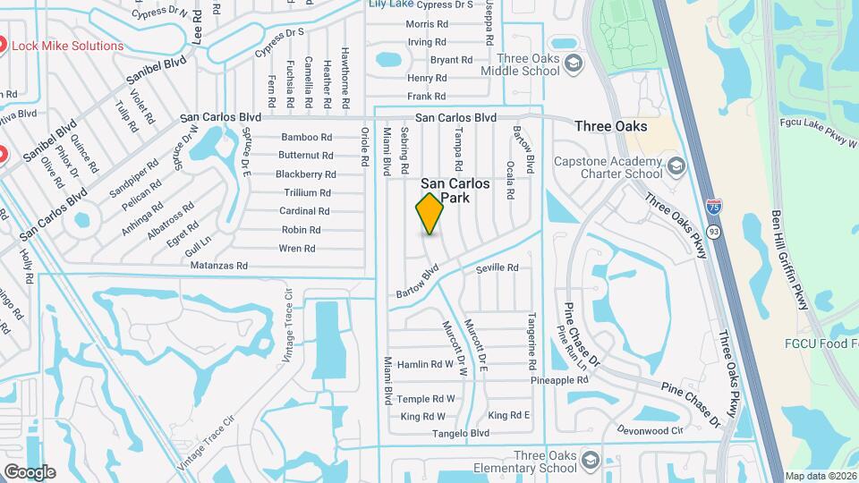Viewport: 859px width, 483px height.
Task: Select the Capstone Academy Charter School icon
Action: point(676,165)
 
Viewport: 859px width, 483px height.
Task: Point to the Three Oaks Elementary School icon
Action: point(590,461)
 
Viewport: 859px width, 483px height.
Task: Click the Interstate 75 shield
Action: point(714,207)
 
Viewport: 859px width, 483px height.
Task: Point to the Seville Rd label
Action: point(498,268)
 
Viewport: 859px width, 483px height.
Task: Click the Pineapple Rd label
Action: point(559,380)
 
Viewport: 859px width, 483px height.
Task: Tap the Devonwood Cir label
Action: point(651,430)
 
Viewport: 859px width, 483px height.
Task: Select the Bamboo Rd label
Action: point(307,138)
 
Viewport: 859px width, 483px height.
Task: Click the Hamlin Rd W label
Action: point(425,364)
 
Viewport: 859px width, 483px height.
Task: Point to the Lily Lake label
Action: point(391,4)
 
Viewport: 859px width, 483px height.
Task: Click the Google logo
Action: point(30,471)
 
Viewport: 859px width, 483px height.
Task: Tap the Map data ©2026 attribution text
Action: point(820,476)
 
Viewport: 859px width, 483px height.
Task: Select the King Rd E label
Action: point(509,415)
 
